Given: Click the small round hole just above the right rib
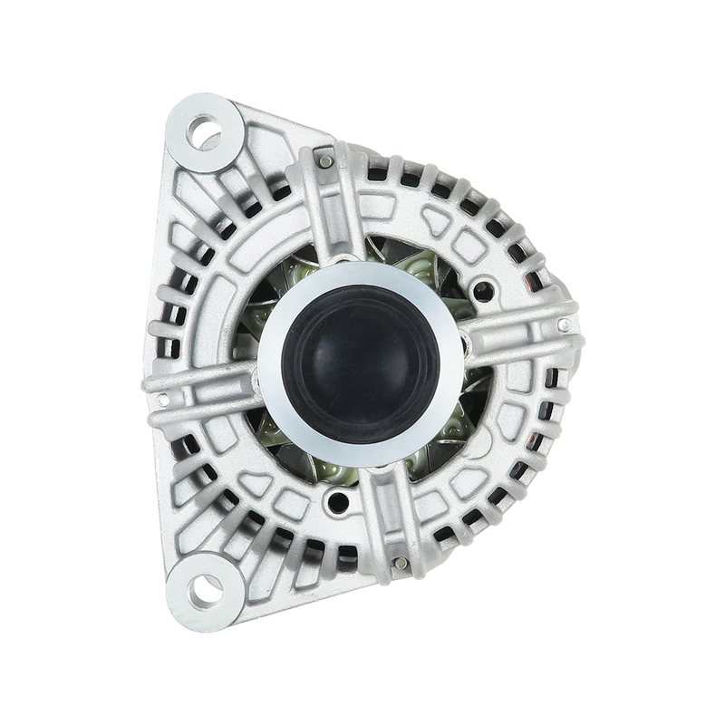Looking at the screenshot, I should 489,289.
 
